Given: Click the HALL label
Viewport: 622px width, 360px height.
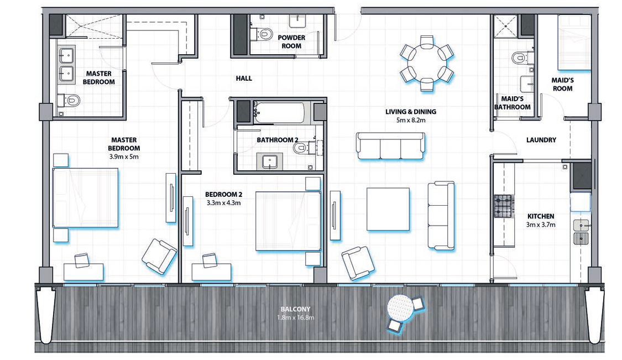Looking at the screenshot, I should [244, 79].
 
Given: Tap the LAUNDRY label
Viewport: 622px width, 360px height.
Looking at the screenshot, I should [541, 140].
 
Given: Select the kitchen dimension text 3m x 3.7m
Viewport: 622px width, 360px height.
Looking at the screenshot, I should [541, 225].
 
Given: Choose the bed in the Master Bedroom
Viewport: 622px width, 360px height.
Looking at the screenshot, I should [85, 197].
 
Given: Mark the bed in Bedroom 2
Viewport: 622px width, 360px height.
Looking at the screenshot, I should [288, 221].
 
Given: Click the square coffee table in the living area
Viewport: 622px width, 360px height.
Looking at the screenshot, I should [389, 209].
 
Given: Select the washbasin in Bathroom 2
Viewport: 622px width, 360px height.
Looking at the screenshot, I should [271, 161].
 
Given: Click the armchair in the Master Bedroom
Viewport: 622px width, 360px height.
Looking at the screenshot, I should [159, 256].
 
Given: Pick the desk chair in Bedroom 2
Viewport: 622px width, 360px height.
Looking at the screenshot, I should [209, 259].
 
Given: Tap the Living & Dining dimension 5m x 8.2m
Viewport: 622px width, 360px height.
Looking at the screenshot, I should [408, 119].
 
